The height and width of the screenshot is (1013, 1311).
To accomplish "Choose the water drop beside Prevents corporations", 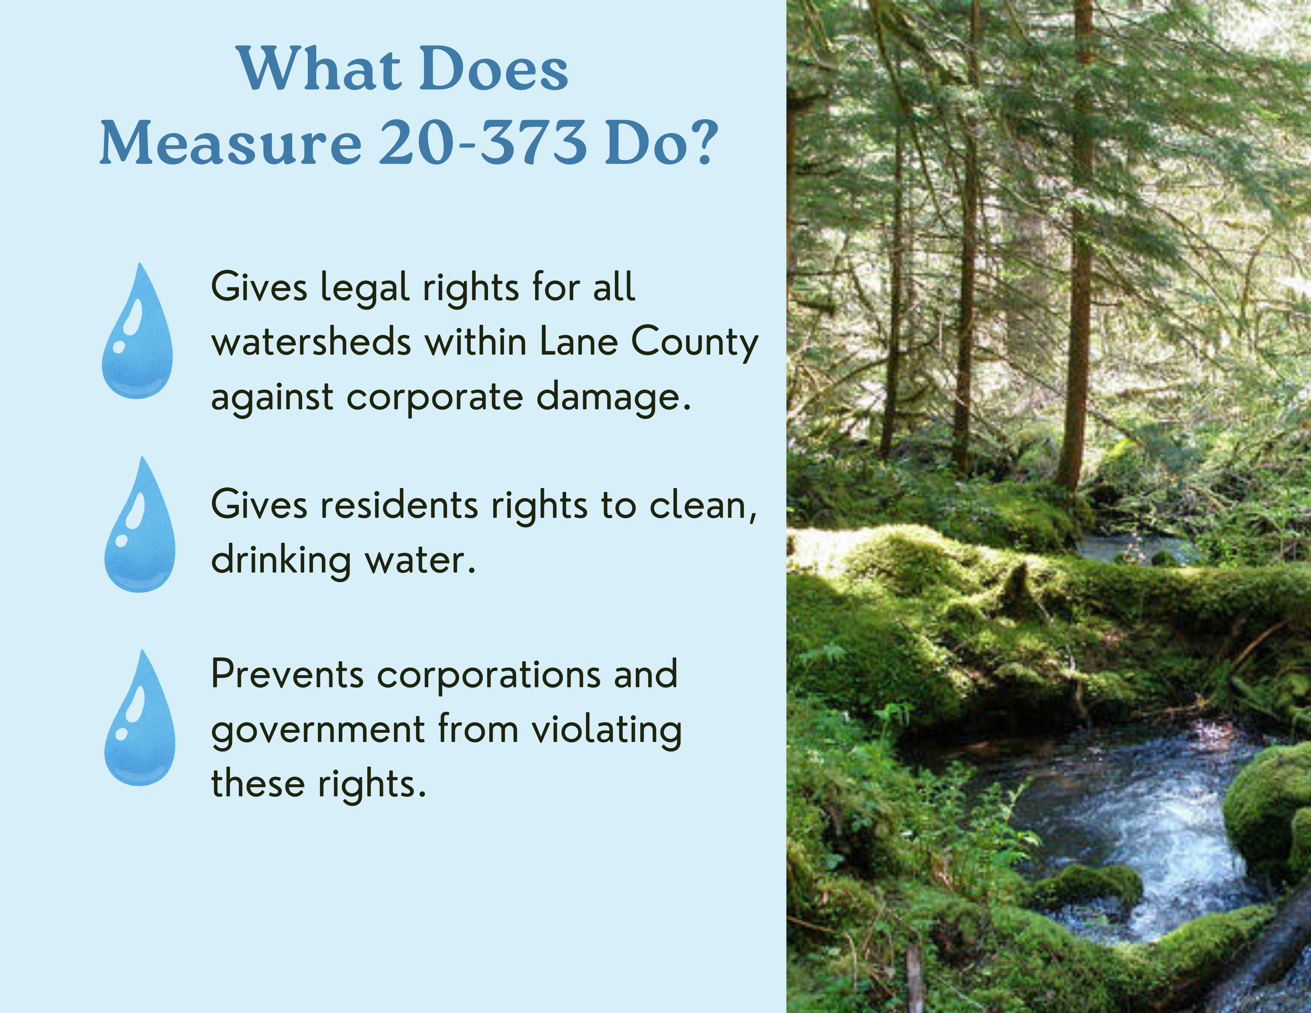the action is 140,718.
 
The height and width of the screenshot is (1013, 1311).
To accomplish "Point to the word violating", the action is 606,731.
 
